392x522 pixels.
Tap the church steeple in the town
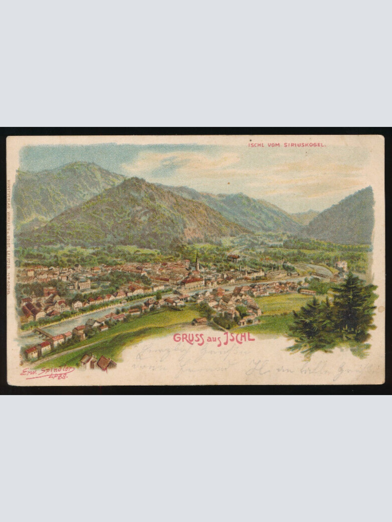click(197, 261)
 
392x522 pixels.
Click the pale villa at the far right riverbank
click(341, 265)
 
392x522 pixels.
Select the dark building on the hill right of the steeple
click(234, 258)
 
